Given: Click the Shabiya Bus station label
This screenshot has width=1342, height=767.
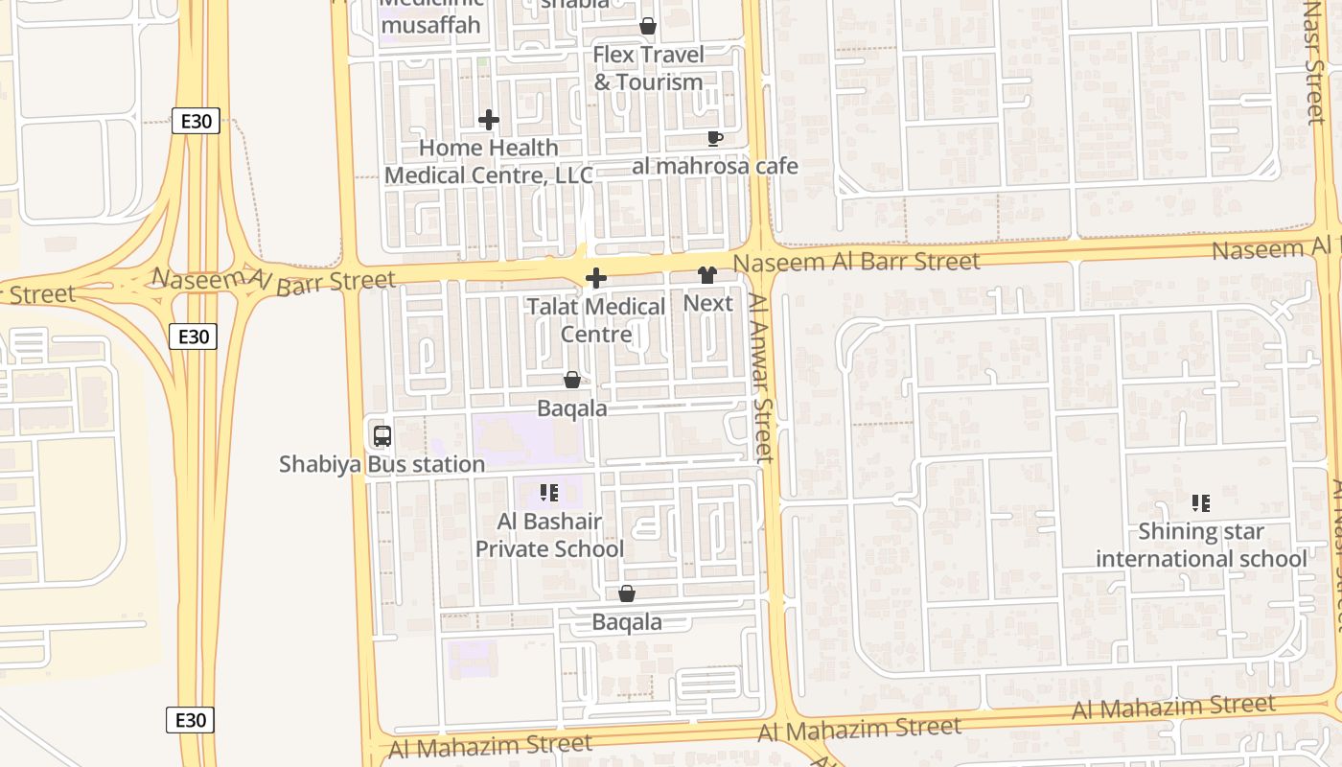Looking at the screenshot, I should tap(382, 464).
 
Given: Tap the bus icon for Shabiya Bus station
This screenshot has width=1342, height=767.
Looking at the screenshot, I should tap(382, 436).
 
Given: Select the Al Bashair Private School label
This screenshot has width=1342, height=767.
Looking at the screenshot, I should tap(549, 535).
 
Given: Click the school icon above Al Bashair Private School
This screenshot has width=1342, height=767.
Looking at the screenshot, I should tap(549, 494).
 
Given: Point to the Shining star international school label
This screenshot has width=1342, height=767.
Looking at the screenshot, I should tap(1201, 545).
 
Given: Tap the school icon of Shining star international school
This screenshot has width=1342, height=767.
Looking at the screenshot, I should tap(1200, 503).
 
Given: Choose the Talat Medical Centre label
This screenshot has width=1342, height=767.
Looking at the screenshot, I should tap(595, 320).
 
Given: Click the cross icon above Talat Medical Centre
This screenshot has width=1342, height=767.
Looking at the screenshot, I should tap(595, 279).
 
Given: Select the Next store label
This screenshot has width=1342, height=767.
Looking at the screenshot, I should tap(707, 303).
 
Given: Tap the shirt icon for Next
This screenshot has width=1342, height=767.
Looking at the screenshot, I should tap(707, 276).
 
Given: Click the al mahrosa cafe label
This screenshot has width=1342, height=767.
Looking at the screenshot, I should tap(715, 166).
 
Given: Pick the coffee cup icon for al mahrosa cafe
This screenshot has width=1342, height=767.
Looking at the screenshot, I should tap(714, 138).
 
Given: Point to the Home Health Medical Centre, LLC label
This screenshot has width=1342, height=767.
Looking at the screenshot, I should tap(489, 161).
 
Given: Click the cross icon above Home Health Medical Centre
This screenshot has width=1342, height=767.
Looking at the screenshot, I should tap(489, 120).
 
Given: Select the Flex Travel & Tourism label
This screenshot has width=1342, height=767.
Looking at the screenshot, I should tap(648, 68).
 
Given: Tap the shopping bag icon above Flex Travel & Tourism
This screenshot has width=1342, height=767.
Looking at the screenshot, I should tap(648, 26).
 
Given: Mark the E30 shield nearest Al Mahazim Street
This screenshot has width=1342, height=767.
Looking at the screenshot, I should tap(190, 720).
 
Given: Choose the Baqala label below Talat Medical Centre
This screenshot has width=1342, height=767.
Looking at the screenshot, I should tap(571, 408).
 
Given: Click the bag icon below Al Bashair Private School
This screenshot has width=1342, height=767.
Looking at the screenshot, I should tap(627, 594).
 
